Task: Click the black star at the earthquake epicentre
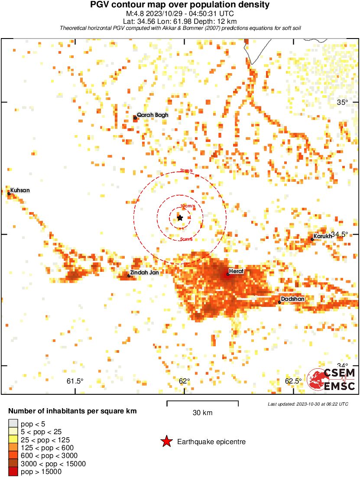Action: tap(180, 218)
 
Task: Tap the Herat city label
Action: tap(237, 271)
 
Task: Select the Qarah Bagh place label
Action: tap(152, 115)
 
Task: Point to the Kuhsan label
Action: tap(20, 190)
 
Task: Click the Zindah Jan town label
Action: tap(144, 273)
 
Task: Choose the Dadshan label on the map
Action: tap(293, 299)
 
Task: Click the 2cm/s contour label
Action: tap(186, 170)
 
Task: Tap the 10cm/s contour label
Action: tap(188, 206)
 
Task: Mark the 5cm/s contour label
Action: tap(186, 239)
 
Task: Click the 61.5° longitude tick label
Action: tap(75, 381)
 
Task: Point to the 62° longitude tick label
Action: tap(185, 381)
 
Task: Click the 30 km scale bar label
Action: tap(202, 413)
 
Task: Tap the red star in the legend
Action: tap(166, 442)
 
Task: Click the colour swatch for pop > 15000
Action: tap(13, 471)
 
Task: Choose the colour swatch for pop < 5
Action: tap(13, 423)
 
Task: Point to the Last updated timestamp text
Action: tap(308, 404)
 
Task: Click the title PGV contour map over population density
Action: tap(180, 5)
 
